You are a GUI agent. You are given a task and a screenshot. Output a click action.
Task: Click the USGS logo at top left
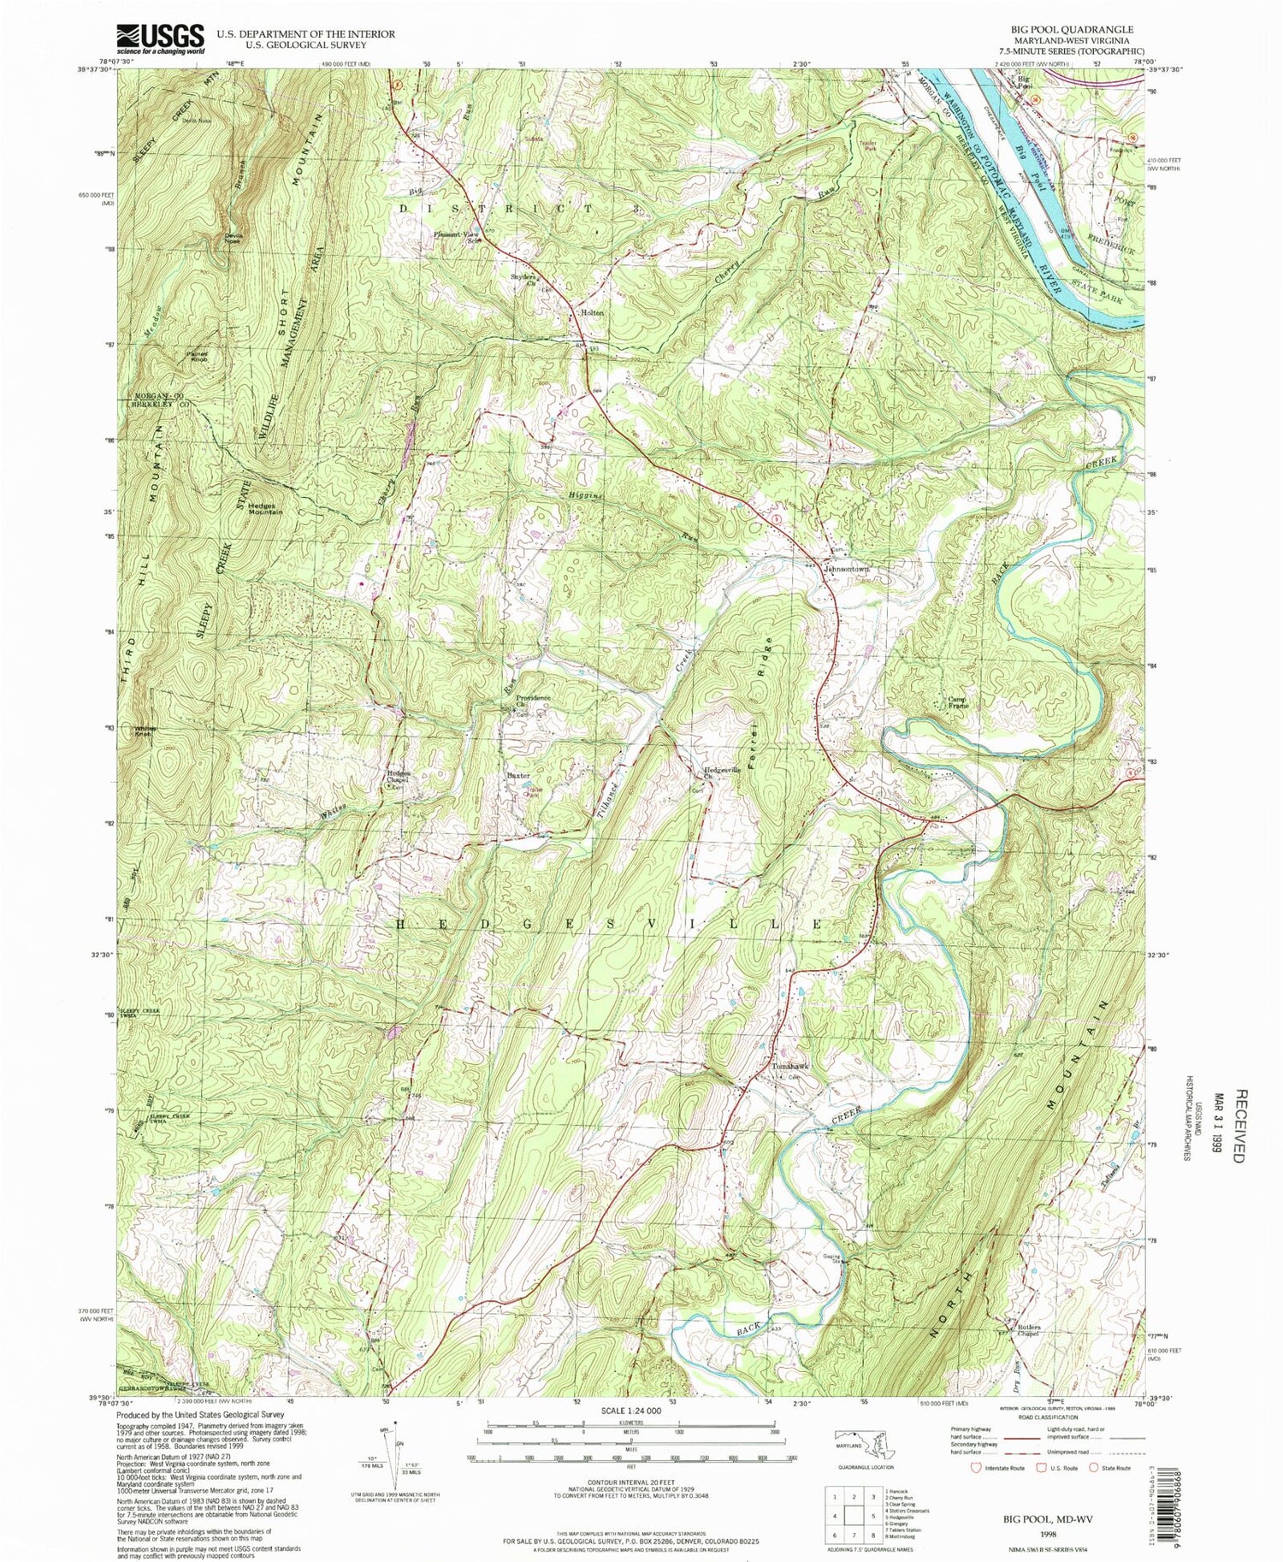pyautogui.click(x=161, y=38)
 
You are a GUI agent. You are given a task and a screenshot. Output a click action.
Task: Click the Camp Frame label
pyautogui.click(x=958, y=702)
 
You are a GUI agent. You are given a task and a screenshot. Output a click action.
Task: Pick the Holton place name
pyautogui.click(x=592, y=313)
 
